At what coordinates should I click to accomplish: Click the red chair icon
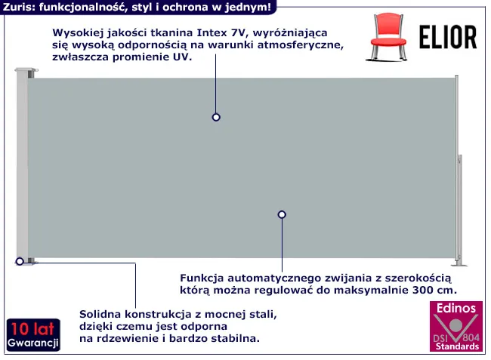(x=388, y=36)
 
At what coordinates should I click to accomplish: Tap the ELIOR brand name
(x=448, y=38)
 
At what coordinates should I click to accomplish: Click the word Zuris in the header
(x=17, y=7)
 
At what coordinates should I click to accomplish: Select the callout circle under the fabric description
(x=216, y=117)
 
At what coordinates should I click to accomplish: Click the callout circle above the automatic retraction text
(x=282, y=214)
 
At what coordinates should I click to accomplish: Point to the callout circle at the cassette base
(x=20, y=261)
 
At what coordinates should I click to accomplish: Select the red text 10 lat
(x=32, y=329)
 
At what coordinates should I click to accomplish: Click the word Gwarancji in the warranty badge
(x=33, y=343)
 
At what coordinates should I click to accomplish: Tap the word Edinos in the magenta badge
(x=456, y=309)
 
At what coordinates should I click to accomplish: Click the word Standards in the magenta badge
(x=457, y=346)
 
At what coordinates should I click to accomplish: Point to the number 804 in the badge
(x=471, y=338)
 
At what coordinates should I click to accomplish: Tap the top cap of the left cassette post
(x=26, y=69)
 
